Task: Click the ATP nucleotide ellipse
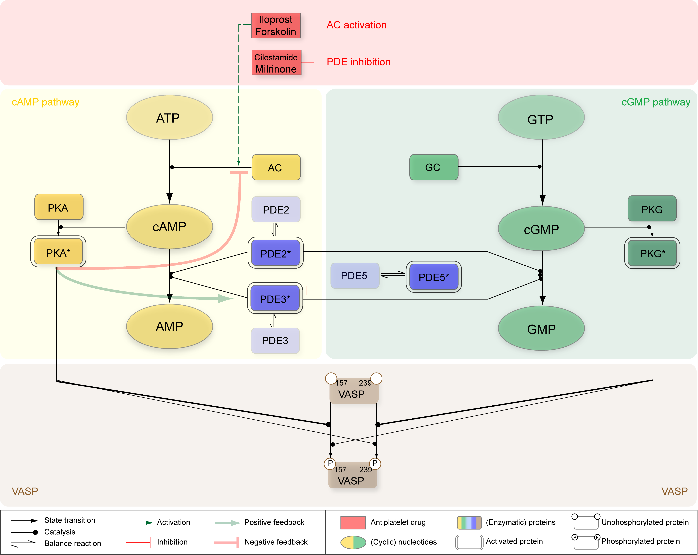(169, 117)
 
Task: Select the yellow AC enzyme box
(276, 167)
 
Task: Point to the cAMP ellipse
(169, 226)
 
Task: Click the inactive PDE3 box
(275, 340)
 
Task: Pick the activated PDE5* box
(434, 277)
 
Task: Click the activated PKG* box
(652, 253)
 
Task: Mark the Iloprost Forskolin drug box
(276, 25)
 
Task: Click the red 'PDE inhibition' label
(358, 62)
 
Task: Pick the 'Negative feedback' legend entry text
(276, 542)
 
